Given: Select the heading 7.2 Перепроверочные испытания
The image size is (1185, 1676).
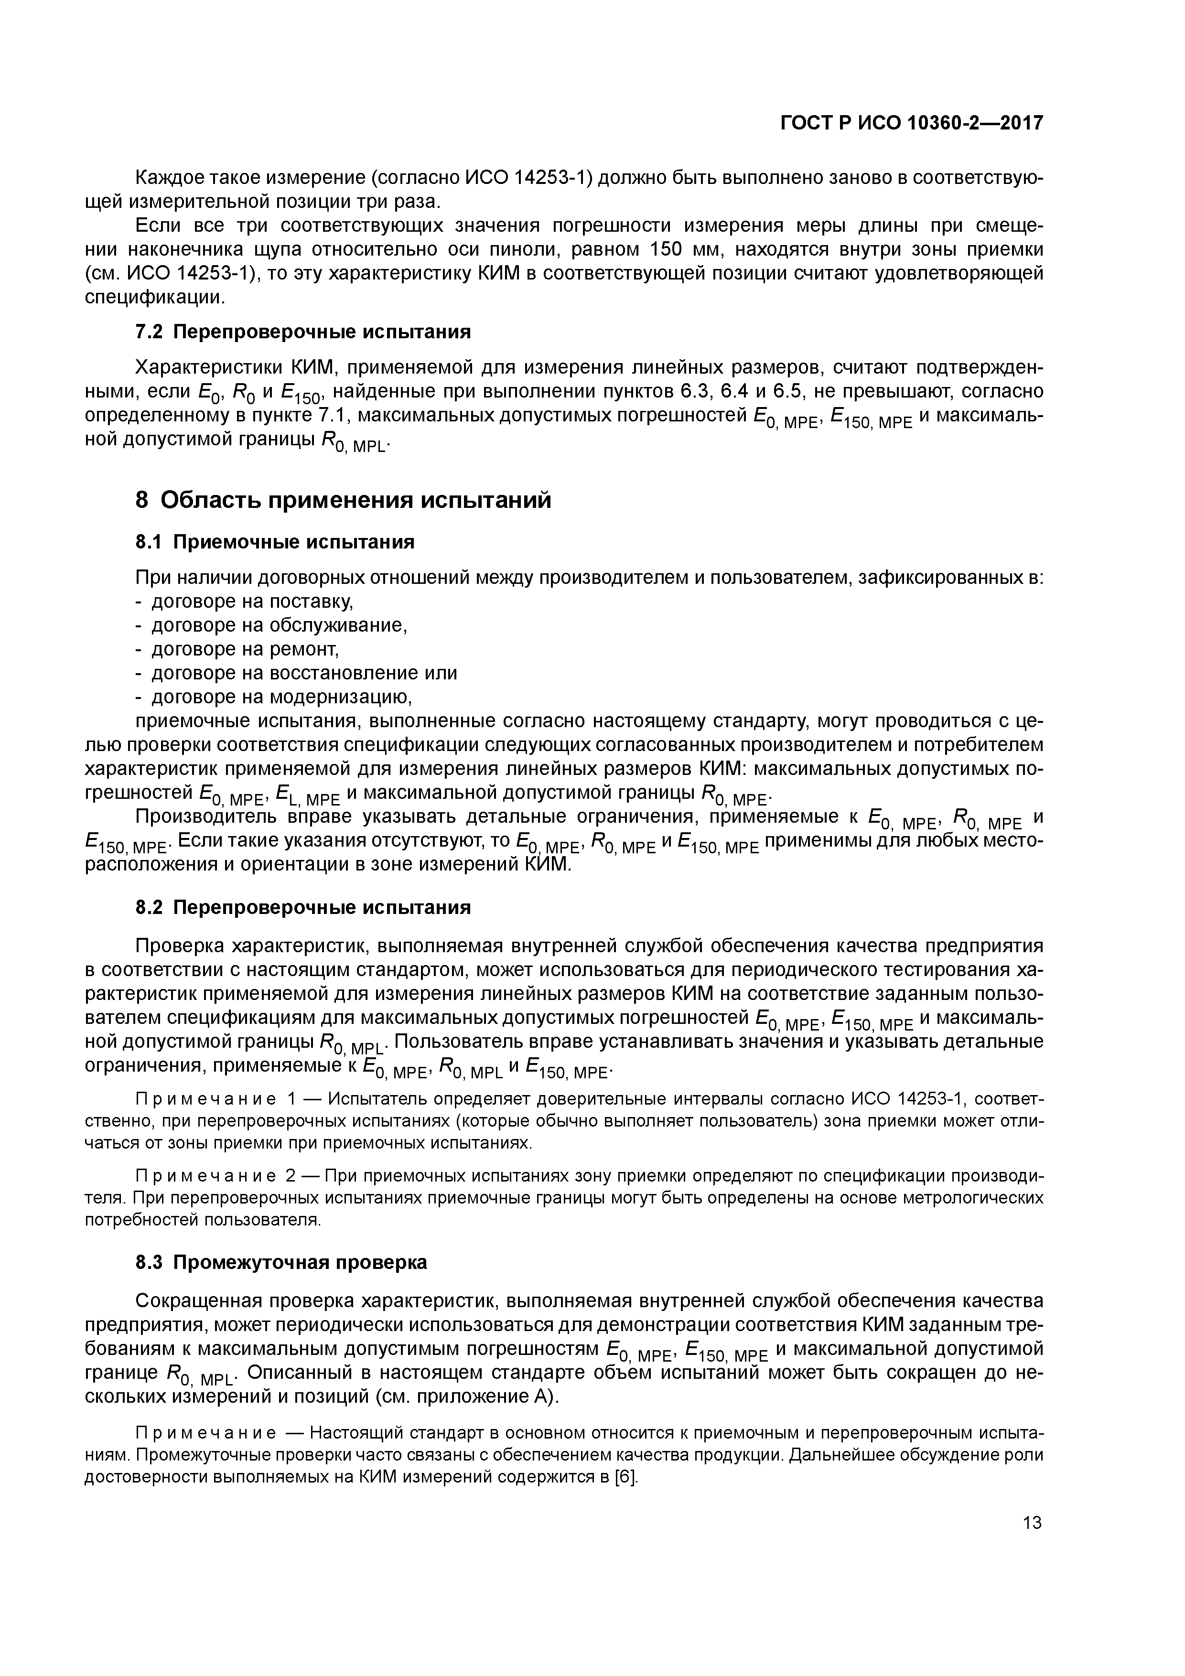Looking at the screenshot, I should (x=303, y=332).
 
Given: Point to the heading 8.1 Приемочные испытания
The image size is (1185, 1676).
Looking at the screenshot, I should (x=275, y=542).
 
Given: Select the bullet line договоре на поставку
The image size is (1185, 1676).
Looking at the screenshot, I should (x=252, y=602).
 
